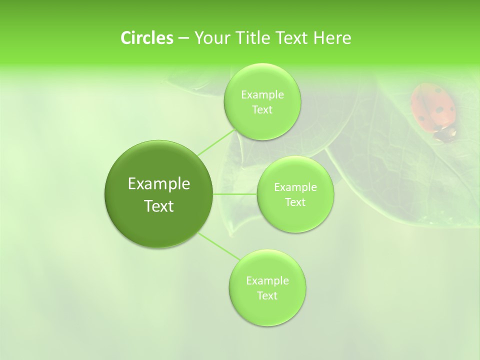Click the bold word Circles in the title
tap(146, 38)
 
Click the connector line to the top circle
tap(216, 142)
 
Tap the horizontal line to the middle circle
tap(234, 194)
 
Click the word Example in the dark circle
tap(159, 184)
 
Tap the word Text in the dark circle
tap(159, 206)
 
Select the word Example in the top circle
tap(262, 94)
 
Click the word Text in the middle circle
tap(295, 202)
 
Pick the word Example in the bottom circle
tap(267, 280)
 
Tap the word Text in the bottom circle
tap(267, 295)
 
